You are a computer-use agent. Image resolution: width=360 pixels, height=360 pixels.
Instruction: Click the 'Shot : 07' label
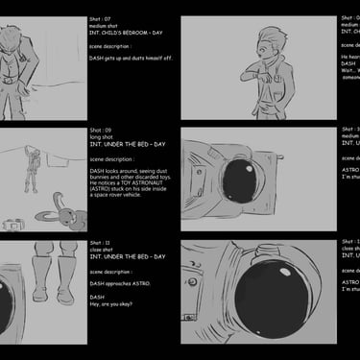(104, 18)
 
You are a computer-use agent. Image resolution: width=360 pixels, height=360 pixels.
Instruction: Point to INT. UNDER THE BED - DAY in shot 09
(128, 144)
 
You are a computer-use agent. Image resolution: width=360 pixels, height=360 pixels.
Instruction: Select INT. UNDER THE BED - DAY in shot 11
(128, 256)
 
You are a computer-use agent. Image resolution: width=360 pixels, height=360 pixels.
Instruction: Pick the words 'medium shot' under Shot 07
(106, 26)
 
